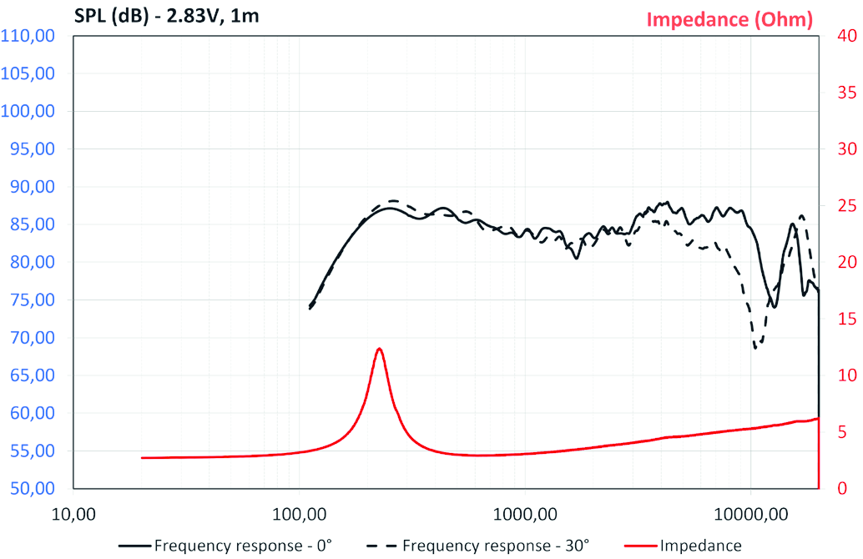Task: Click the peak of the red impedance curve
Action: [x=379, y=349]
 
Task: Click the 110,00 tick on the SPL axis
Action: [x=28, y=36]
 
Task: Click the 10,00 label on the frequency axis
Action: [x=73, y=511]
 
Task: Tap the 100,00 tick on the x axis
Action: [x=299, y=511]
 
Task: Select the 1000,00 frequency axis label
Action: [x=525, y=511]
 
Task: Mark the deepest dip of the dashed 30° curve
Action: [x=756, y=347]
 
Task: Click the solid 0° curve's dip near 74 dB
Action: [x=775, y=306]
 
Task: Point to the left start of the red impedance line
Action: [x=142, y=457]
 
